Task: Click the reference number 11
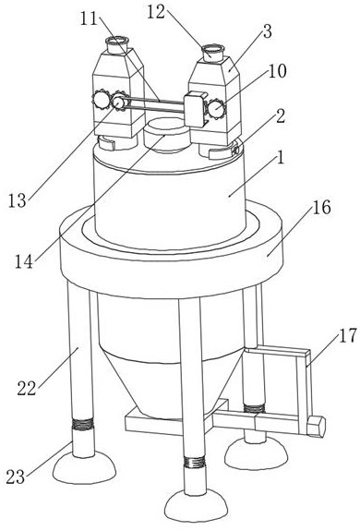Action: [89, 19]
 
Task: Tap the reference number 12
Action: [156, 12]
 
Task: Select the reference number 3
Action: [267, 31]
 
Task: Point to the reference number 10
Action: [277, 71]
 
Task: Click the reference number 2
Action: [281, 116]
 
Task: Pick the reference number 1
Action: [281, 157]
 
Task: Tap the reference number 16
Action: [322, 207]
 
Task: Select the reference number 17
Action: [348, 335]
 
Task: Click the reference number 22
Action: [27, 389]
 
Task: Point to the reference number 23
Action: [16, 477]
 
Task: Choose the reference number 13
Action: [18, 200]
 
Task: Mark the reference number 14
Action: [24, 261]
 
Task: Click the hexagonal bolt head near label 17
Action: [316, 426]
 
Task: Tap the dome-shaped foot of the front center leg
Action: [197, 506]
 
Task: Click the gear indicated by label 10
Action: [216, 109]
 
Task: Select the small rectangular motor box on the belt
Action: [195, 109]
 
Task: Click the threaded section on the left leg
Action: [81, 423]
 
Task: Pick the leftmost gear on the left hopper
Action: [101, 99]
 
